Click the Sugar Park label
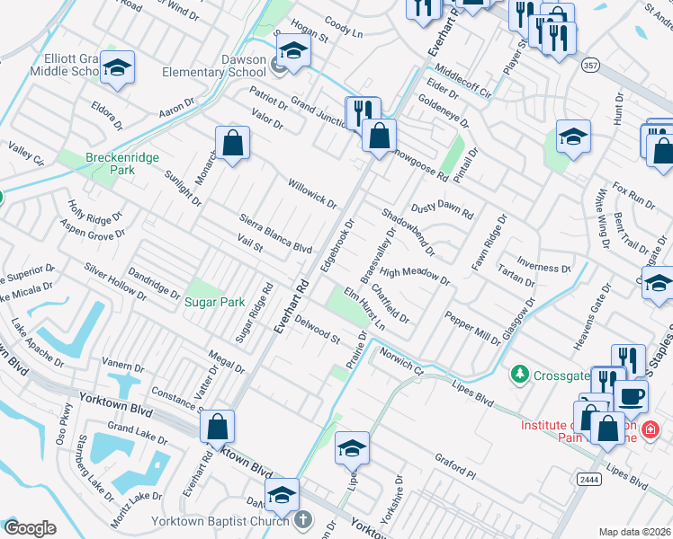click(214, 302)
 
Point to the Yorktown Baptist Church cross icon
click(303, 519)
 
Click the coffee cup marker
click(630, 396)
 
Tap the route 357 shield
click(591, 66)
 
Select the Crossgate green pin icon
click(518, 373)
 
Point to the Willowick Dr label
click(311, 194)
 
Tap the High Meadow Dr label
click(414, 275)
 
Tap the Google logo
click(30, 528)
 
